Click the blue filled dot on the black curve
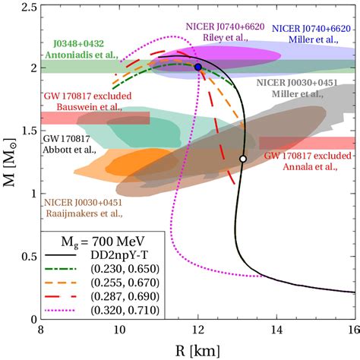[x=198, y=67]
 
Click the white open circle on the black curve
[x=242, y=159]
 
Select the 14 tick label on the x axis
[x=276, y=331]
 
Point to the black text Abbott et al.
[x=69, y=150]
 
